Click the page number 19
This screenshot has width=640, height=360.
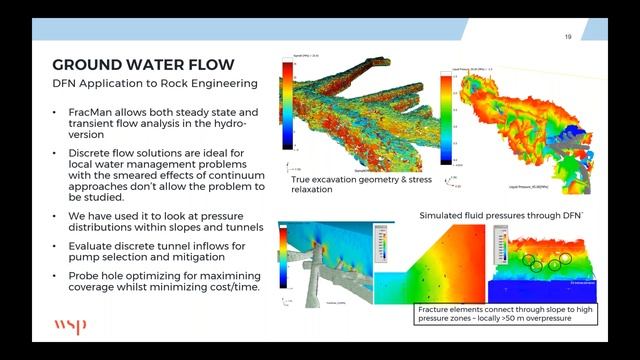point(568,38)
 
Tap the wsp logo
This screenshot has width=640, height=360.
point(71,326)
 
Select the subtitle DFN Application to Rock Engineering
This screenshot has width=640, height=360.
point(155,84)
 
